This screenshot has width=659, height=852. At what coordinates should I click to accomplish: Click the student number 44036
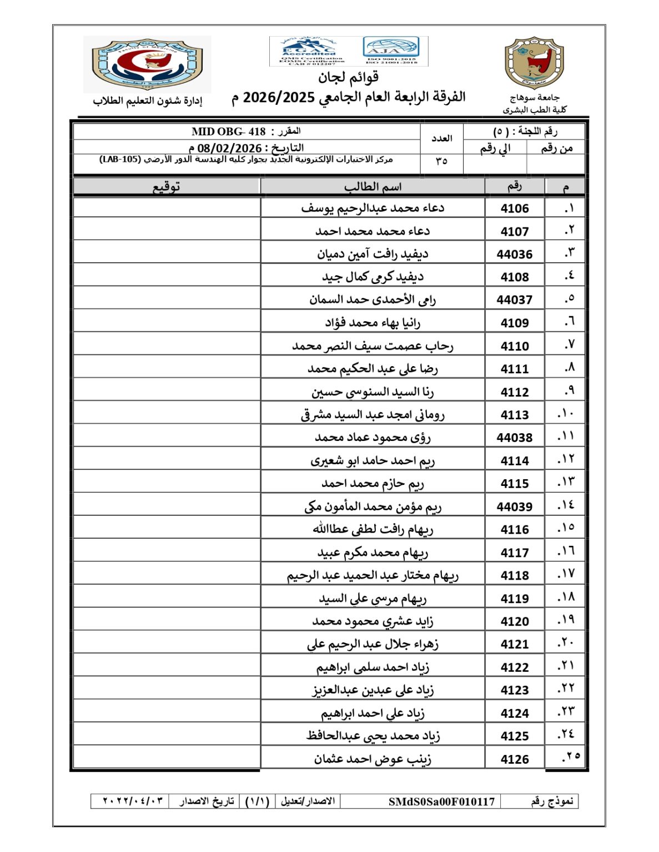point(514,254)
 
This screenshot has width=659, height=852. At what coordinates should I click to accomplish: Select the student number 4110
point(514,346)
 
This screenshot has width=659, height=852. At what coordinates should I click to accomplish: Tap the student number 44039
point(514,506)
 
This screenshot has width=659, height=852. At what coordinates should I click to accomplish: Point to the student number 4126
point(514,759)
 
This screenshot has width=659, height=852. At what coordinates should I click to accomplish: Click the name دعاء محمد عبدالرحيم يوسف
point(373,208)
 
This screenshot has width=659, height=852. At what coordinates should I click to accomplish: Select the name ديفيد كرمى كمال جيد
point(373,277)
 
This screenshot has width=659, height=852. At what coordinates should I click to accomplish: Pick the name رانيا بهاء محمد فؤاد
point(373,323)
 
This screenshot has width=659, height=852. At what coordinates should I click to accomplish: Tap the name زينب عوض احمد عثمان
point(373,759)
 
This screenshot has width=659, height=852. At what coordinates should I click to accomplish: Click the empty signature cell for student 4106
point(167,208)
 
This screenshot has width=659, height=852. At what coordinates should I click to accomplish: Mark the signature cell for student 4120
point(167,621)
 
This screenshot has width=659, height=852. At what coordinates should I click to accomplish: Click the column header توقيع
point(167,186)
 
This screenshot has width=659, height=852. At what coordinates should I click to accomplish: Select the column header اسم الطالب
point(373,186)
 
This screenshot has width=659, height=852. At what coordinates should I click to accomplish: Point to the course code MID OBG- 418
point(229,131)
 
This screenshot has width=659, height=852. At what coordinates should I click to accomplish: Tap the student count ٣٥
point(441,161)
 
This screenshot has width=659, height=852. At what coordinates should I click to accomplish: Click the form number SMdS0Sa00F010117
point(441,802)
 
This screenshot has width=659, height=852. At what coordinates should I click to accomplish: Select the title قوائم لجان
point(348,77)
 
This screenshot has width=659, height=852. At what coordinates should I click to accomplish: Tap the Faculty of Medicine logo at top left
point(147,64)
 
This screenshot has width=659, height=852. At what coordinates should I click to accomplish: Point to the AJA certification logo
point(391,50)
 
